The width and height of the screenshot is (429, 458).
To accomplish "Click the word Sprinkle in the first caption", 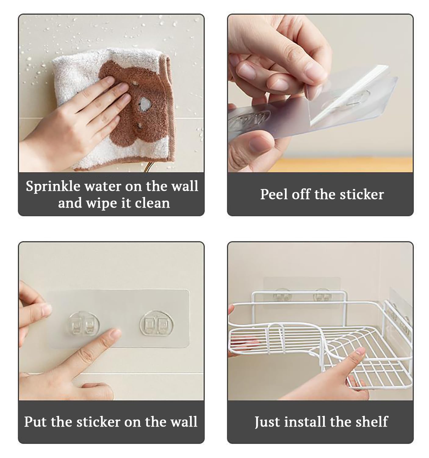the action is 53,186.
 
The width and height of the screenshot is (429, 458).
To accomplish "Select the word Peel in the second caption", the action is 274,194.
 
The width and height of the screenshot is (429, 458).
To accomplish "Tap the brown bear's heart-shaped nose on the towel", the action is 145,103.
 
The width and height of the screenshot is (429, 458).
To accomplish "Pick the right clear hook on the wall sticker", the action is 156,323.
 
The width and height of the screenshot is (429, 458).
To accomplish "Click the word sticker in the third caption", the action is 99,422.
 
